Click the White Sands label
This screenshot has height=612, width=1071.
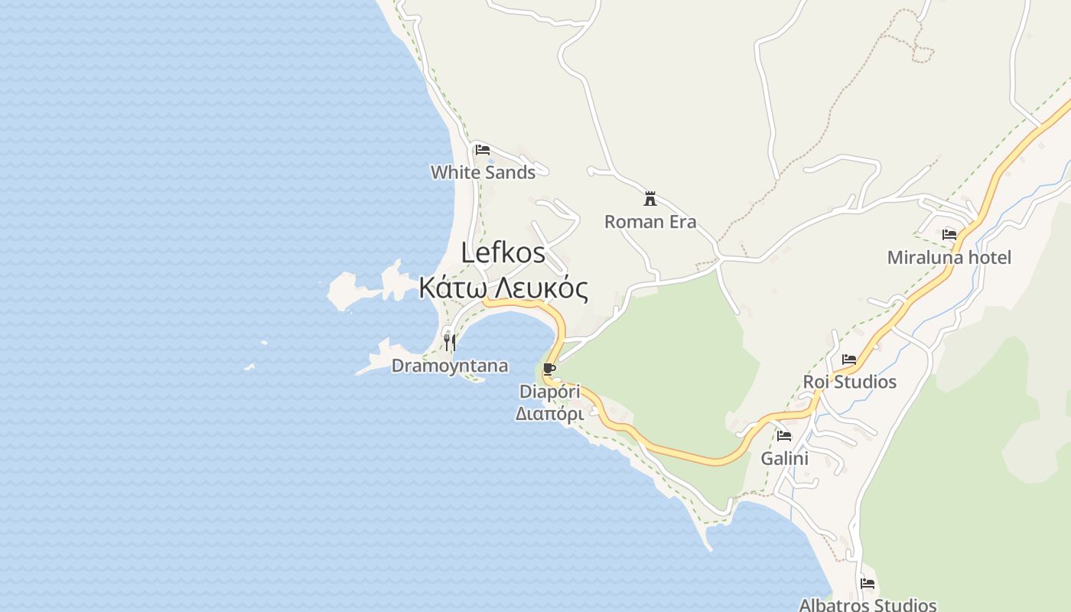pyautogui.click(x=483, y=172)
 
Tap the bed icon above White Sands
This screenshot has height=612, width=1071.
pyautogui.click(x=482, y=150)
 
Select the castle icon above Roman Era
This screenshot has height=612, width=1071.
pyautogui.click(x=650, y=199)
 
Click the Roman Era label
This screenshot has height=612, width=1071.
pyautogui.click(x=650, y=222)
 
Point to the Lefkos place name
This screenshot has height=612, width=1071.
pyautogui.click(x=503, y=253)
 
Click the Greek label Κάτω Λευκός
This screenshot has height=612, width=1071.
pyautogui.click(x=503, y=288)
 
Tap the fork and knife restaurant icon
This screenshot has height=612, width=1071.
pyautogui.click(x=450, y=342)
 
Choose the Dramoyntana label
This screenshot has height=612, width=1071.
pyautogui.click(x=450, y=366)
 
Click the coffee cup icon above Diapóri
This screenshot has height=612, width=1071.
pyautogui.click(x=549, y=369)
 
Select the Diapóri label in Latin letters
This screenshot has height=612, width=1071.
pyautogui.click(x=549, y=392)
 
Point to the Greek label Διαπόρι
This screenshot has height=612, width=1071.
pyautogui.click(x=549, y=414)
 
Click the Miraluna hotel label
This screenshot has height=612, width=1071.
pyautogui.click(x=949, y=258)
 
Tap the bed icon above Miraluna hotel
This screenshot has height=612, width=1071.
pyautogui.click(x=949, y=235)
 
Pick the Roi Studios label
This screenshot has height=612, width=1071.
pyautogui.click(x=849, y=382)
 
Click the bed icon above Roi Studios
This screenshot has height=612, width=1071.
pyautogui.click(x=849, y=360)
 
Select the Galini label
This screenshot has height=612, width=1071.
pyautogui.click(x=784, y=459)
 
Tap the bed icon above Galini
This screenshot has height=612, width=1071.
pyautogui.click(x=784, y=436)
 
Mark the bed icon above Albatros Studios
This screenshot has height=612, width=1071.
pyautogui.click(x=868, y=583)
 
